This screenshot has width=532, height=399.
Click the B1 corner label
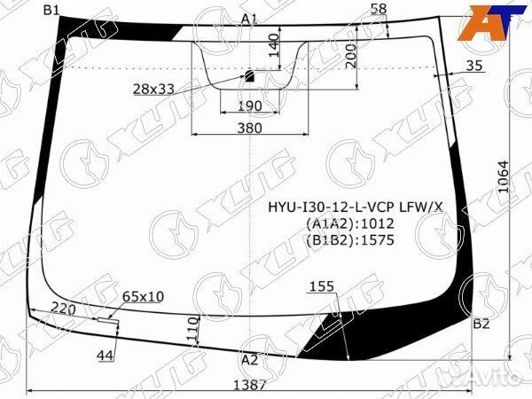[51, 11]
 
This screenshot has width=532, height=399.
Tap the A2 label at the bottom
[249, 359]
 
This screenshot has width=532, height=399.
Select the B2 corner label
[481, 324]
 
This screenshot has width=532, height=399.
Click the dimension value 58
[379, 9]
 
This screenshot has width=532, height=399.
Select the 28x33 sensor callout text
[154, 89]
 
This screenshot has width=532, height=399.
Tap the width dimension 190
[250, 106]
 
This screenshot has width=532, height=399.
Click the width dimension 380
[250, 129]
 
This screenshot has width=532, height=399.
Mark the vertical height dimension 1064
[503, 184]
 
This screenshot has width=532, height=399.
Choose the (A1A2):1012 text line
[350, 223]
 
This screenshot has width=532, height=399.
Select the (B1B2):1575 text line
[350, 239]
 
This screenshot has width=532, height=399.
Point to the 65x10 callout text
[143, 295]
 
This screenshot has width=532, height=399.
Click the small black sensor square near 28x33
[250, 76]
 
